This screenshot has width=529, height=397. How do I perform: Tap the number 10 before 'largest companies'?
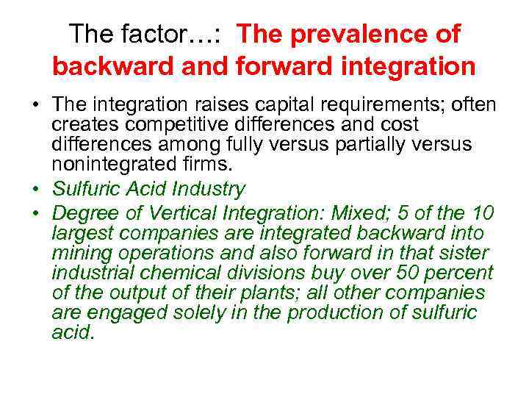(x=482, y=213)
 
